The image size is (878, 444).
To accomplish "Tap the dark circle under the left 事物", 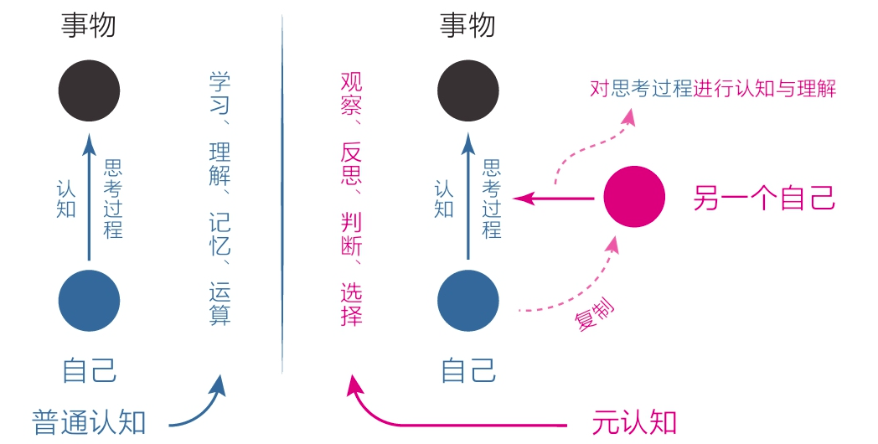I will coord(90,90).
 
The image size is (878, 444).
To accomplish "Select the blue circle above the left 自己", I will coord(90,301).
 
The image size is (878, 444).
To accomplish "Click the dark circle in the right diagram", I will coord(468,90).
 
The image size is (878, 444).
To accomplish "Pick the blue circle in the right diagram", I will coord(468,301).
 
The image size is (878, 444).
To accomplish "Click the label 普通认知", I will coord(90,421).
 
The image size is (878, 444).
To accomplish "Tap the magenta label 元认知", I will coord(633,421).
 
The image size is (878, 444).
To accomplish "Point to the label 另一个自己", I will coord(764,199).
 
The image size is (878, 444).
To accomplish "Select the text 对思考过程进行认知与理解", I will coord(713,89).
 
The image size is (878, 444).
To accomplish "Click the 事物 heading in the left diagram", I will coord(89,26).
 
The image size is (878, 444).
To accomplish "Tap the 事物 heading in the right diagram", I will coord(467,26).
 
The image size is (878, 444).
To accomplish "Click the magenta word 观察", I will coord(352,94).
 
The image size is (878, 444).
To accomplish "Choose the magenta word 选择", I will coord(352,305).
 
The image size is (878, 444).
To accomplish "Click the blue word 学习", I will coord(219,94).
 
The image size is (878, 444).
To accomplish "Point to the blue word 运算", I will coord(219,305).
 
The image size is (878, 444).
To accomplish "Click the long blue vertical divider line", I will coord(282,193).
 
